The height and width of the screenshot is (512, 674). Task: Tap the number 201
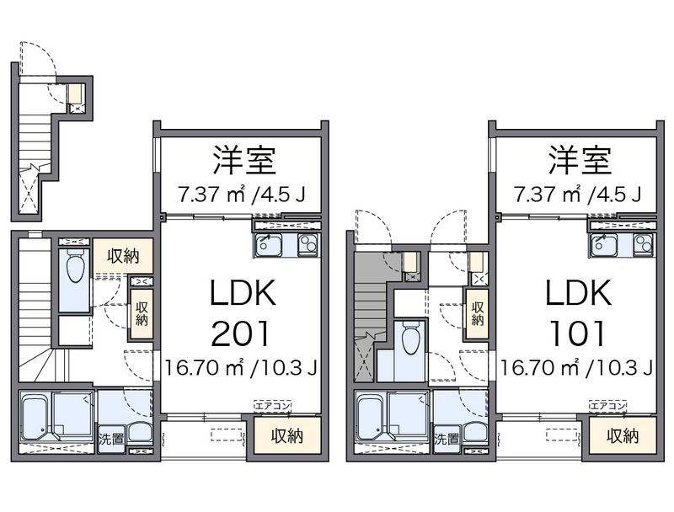240,334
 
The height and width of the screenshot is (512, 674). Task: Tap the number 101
577,334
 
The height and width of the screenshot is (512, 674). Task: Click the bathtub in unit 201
35,417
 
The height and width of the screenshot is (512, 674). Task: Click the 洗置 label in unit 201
109,439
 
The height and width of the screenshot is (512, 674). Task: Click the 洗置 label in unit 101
446,439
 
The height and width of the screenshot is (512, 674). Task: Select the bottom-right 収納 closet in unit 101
622,435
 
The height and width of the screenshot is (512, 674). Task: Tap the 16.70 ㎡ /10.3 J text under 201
240,367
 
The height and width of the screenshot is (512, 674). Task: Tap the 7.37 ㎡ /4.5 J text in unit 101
577,195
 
